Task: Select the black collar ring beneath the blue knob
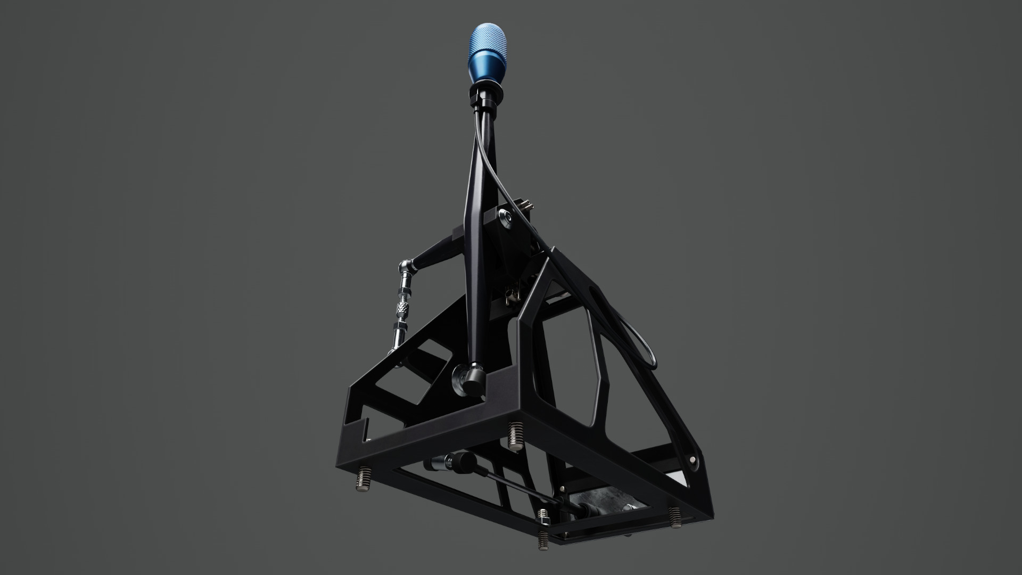(485, 94)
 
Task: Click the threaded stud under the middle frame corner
(515, 436)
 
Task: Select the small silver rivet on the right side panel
(693, 458)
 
